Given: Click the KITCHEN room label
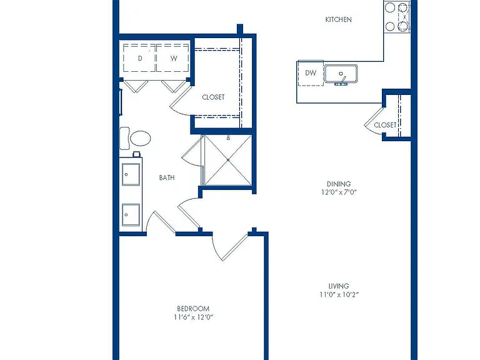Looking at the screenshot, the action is coord(338,19).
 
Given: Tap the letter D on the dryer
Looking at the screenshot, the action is coord(140,58).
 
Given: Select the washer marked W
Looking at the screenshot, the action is coord(173,58).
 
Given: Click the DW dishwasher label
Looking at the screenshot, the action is coord(311,73).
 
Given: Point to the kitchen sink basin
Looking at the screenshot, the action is coord(341,74).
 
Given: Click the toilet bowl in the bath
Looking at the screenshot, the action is coord(141,138).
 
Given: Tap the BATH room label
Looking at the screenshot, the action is coord(167,177).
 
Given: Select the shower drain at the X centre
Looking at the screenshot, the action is coord(228,160).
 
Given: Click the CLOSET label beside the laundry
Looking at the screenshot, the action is coord(213,97).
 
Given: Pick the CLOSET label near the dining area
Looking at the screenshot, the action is coord(385,125).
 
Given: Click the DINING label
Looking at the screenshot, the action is coord(339,184).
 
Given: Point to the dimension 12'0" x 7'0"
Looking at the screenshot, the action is coord(339,192).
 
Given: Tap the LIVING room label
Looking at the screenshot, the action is coord(339,286).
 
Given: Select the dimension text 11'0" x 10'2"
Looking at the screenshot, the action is coord(339,295).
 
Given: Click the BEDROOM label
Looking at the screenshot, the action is coord(193,309).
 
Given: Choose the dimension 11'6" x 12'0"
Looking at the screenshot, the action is coord(193,317).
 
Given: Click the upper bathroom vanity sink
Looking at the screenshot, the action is coord(131,174).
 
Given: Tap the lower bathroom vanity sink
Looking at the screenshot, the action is coord(131,214).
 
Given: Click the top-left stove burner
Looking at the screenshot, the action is coord(390,7).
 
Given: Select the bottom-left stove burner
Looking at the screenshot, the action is coord(390,27).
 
